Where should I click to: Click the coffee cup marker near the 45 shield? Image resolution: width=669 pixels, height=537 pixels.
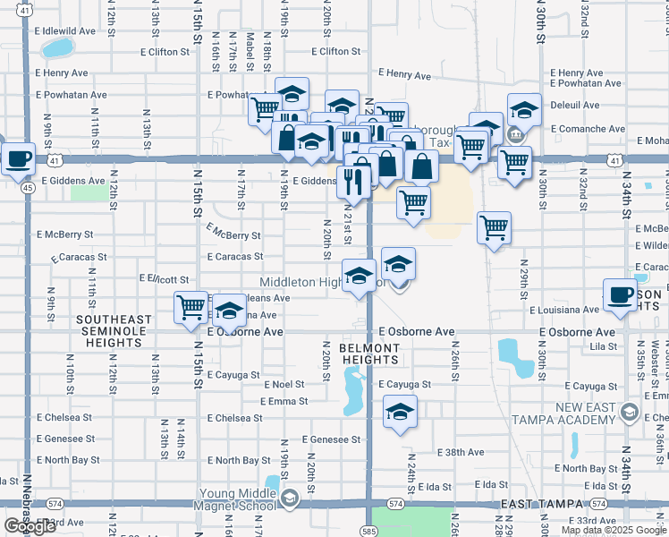pyautogui.click(x=18, y=160)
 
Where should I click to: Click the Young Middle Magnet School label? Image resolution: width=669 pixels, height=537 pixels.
pyautogui.click(x=235, y=499)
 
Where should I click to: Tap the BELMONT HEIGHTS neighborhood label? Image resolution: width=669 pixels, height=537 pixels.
pyautogui.click(x=369, y=354)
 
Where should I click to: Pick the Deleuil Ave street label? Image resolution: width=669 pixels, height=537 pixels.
pyautogui.click(x=575, y=105)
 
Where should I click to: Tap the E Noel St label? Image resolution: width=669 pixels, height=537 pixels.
pyautogui.click(x=284, y=384)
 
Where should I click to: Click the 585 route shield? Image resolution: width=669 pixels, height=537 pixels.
pyautogui.click(x=370, y=518)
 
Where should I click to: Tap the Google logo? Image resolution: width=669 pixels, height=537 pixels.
pyautogui.click(x=30, y=527)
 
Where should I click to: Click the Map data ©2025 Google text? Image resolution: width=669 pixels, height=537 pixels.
pyautogui.click(x=613, y=530)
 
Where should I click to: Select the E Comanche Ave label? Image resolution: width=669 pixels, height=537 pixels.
pyautogui.click(x=588, y=129)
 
